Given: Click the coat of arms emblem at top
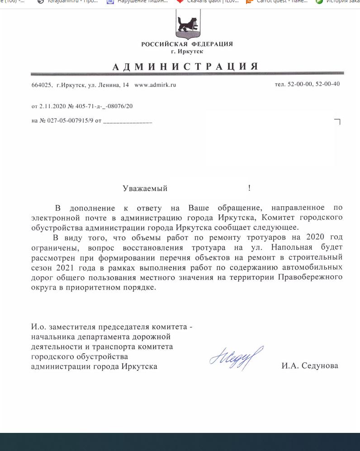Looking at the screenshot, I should (x=188, y=23).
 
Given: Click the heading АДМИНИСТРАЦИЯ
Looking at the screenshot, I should (x=185, y=67).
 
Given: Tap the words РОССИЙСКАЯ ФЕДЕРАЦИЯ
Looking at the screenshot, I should (x=187, y=44).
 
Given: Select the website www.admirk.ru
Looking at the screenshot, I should (x=155, y=85).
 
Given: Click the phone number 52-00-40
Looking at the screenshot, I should (x=327, y=84).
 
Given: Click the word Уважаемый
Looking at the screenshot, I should (x=145, y=188).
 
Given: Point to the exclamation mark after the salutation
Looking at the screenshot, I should (x=249, y=188).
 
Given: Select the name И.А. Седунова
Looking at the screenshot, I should (x=309, y=366).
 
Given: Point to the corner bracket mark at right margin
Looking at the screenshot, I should (x=337, y=121).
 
